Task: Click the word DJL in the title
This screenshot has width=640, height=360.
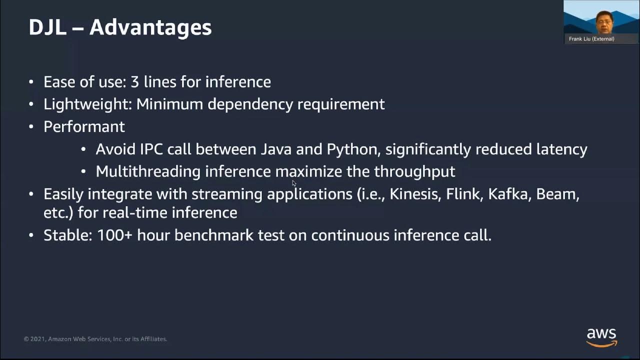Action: coord(47,27)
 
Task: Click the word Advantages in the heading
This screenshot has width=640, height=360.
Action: coord(150,27)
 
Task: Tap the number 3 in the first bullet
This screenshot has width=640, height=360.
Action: coord(134,82)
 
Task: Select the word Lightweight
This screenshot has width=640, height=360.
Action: coord(87,104)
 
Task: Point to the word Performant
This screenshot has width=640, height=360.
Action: coord(84,127)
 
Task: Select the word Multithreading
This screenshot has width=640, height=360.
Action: coord(148,171)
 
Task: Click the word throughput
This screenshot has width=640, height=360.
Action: coord(414,171)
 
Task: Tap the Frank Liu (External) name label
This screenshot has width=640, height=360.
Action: coord(591,39)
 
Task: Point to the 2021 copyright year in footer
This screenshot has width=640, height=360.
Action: coord(38,339)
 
